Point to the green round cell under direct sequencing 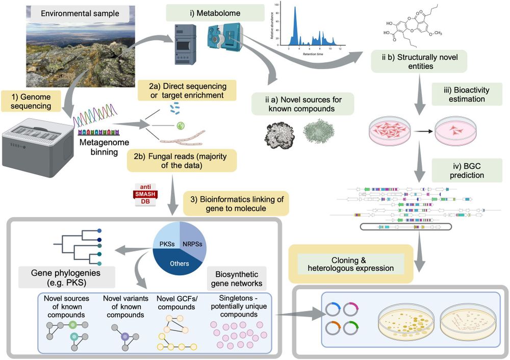[180, 124]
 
